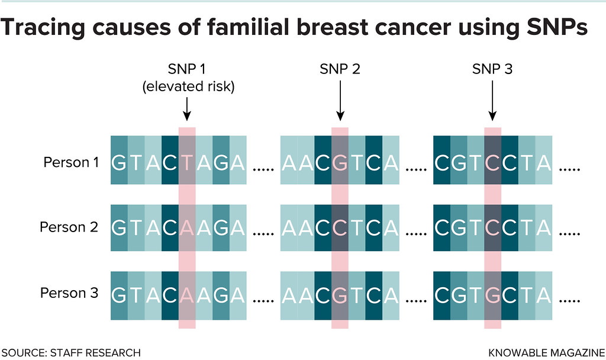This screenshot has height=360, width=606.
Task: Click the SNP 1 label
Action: (x=188, y=69)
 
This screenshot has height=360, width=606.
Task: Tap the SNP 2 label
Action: (x=340, y=69)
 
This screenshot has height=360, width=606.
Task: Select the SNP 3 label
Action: (x=492, y=69)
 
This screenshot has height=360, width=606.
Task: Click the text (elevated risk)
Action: (x=188, y=87)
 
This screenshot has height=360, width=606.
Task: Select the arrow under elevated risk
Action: (x=187, y=109)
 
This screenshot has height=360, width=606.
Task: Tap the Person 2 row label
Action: (x=69, y=227)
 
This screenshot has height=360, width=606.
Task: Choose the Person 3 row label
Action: (x=69, y=293)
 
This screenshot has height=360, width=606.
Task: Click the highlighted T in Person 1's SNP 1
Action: (x=187, y=162)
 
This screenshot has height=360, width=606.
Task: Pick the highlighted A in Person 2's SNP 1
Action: (x=187, y=228)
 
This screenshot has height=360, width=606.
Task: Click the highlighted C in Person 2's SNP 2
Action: (x=340, y=228)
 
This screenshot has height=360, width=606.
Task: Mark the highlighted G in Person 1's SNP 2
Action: (x=340, y=162)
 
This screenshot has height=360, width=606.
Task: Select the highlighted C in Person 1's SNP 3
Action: (x=492, y=162)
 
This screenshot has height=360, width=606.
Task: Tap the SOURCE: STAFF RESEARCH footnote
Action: (x=71, y=353)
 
